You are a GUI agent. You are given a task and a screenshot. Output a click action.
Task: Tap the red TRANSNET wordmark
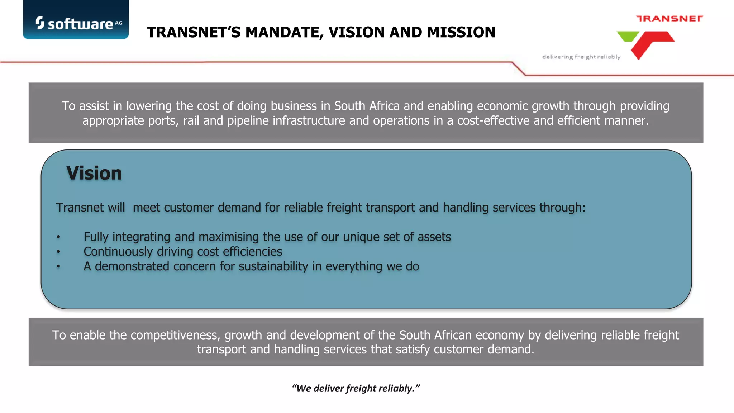669,19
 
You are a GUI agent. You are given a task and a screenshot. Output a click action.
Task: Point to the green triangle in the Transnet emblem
628,36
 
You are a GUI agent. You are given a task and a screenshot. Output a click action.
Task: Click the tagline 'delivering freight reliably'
581,57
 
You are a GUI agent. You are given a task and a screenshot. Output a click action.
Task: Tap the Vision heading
94,174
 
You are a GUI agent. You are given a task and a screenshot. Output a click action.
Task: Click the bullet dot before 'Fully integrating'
58,237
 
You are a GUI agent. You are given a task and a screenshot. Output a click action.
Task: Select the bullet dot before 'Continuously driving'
58,252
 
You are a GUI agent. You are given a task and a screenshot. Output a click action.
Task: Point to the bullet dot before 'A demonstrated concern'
58,266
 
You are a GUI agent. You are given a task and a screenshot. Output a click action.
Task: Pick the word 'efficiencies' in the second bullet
252,252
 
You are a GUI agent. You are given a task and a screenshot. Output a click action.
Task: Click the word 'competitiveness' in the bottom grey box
175,335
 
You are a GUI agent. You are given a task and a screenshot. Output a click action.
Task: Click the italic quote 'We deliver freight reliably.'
356,389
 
